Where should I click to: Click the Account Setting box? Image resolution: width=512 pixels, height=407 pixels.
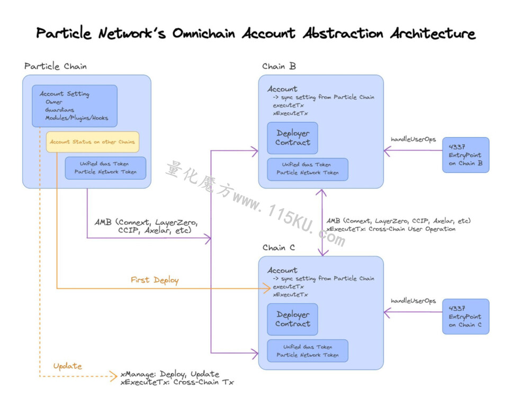tap(75, 106)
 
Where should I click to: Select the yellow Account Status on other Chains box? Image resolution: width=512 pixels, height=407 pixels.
tap(93, 142)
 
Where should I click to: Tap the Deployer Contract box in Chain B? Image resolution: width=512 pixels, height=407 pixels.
tap(292, 138)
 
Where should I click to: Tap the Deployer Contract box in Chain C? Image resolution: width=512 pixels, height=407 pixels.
tap(292, 320)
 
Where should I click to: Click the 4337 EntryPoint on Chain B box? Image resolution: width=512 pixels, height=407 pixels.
tap(465, 155)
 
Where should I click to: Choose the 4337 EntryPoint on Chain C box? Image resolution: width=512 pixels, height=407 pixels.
tap(465, 316)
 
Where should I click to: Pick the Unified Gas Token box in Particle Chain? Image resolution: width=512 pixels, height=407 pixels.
tap(105, 168)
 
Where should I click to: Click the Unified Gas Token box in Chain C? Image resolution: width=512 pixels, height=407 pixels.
tap(308, 351)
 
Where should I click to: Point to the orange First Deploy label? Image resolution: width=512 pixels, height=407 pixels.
tap(155, 280)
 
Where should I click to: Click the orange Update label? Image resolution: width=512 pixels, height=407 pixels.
tap(68, 366)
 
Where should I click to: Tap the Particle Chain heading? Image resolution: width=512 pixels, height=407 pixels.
tap(56, 66)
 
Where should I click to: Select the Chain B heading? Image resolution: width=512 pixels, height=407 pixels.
tap(279, 66)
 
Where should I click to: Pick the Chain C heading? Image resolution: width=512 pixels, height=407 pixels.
tap(279, 248)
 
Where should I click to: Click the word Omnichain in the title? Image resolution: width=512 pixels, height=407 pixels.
tap(204, 33)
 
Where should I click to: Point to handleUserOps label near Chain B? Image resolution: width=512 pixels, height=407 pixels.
tap(413, 139)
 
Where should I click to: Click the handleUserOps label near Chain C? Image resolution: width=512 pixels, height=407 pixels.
tap(413, 301)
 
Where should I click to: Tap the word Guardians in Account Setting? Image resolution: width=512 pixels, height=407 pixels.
tap(60, 110)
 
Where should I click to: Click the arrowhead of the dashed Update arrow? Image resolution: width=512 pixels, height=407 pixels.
tap(114, 376)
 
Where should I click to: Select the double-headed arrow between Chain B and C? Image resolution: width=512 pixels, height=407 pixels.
tap(322, 222)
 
